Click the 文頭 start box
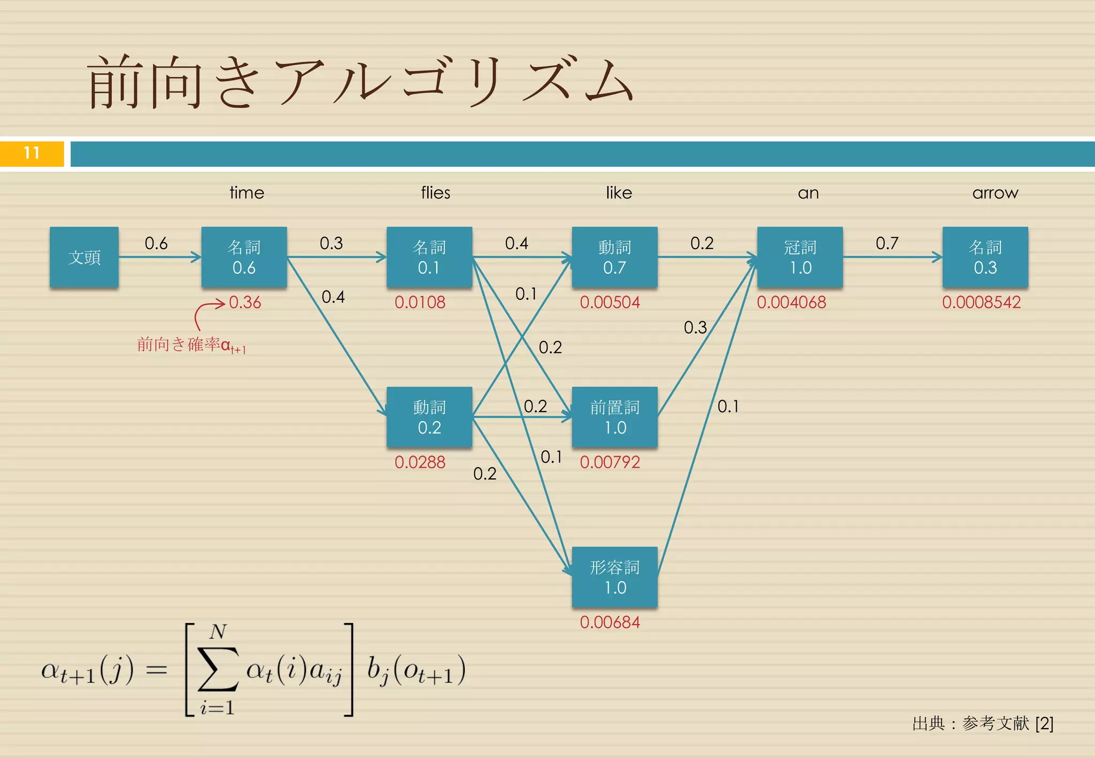click(84, 257)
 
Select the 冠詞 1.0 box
click(800, 257)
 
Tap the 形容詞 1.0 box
click(614, 577)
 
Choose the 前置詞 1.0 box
click(614, 417)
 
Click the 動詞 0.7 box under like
click(614, 257)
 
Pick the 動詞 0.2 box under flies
click(429, 417)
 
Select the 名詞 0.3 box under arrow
click(985, 257)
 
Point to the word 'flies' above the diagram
click(435, 192)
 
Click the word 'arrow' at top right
click(995, 192)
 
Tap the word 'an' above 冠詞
click(808, 193)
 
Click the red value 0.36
click(245, 303)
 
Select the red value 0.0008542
click(981, 303)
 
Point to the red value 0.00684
click(610, 622)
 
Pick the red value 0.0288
click(420, 462)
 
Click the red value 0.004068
click(791, 303)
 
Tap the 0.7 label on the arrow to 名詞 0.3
click(887, 243)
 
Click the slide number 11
click(32, 153)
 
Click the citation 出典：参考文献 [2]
click(983, 723)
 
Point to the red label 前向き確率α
click(191, 345)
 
